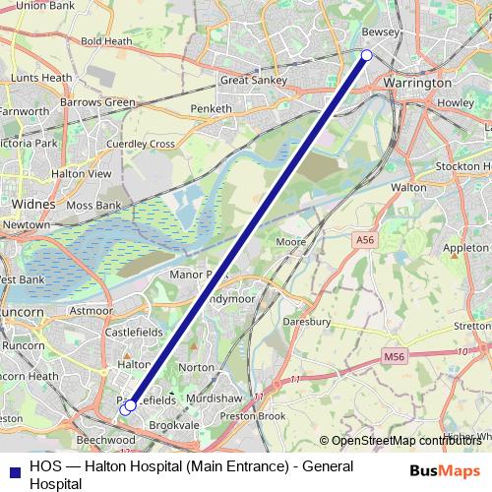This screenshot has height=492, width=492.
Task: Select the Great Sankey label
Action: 254,81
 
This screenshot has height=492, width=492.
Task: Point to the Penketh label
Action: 212,108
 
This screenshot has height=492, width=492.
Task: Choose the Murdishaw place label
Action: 218,398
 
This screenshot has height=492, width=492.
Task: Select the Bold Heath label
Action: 106,41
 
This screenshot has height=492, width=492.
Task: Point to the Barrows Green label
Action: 97,101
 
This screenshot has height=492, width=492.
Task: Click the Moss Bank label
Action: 94,205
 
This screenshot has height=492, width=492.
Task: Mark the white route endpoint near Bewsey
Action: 366,56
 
